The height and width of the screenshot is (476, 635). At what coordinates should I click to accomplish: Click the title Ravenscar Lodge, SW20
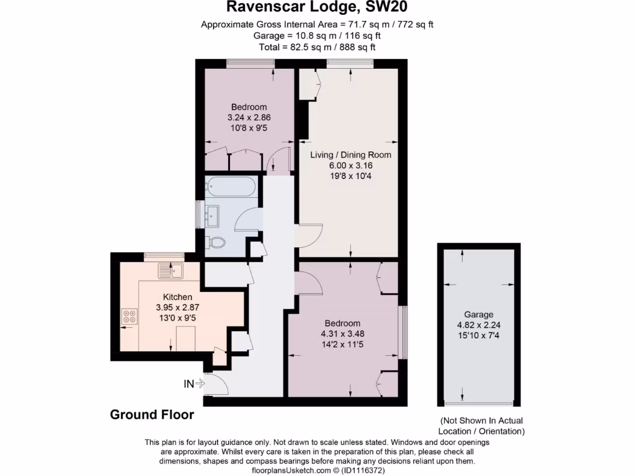(317, 8)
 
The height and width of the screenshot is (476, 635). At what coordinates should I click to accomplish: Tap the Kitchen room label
(177, 297)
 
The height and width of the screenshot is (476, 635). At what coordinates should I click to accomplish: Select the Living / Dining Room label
(350, 155)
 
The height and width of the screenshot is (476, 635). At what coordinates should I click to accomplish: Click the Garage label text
(479, 314)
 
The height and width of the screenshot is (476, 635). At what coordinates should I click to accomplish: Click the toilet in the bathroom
(215, 242)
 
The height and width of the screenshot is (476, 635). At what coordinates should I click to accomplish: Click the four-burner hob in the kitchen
(130, 317)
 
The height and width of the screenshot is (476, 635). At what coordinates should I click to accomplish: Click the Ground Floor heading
(152, 415)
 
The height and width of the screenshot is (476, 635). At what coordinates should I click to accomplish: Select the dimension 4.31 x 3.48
(342, 334)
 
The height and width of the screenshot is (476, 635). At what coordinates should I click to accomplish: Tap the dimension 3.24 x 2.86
(249, 117)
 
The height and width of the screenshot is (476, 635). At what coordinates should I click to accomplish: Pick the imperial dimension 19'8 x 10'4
(350, 176)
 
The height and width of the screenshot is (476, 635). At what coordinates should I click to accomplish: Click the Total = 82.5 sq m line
(317, 46)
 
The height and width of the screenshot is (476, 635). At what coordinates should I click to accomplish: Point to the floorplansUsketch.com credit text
(317, 470)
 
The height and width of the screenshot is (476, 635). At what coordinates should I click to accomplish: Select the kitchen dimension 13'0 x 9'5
(177, 318)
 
